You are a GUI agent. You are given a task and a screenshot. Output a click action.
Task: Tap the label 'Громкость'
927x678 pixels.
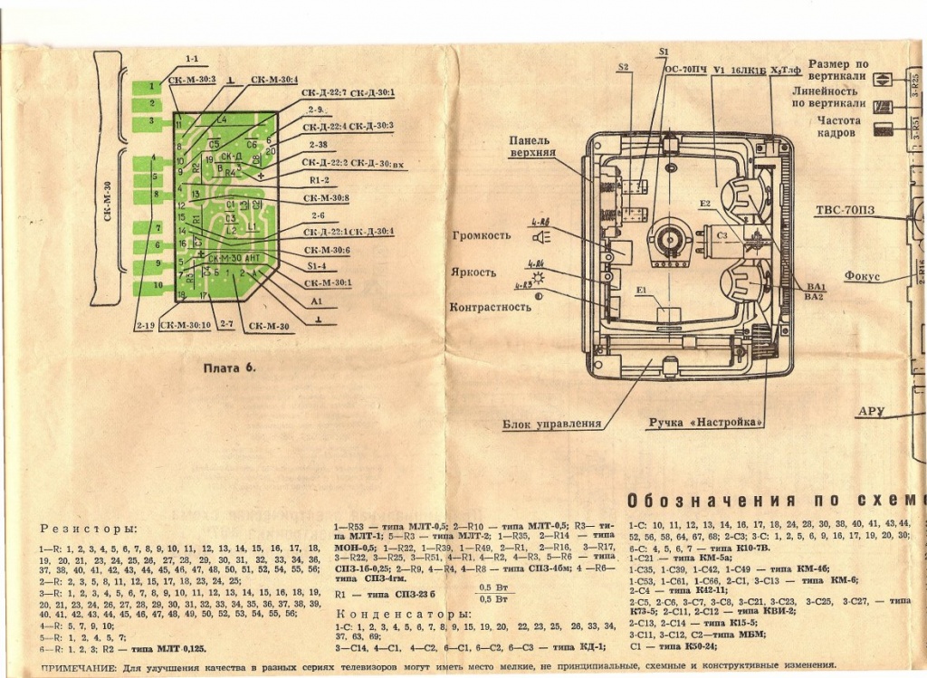[481, 235]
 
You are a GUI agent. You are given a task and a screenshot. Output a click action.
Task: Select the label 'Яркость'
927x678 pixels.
[473, 272]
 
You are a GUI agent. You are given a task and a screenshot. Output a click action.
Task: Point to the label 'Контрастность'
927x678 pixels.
[490, 307]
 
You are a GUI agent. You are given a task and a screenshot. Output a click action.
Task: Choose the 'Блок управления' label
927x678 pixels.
[551, 424]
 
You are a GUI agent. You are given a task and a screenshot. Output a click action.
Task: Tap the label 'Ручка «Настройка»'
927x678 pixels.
[705, 423]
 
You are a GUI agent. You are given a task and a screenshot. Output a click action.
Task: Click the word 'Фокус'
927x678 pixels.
[862, 276]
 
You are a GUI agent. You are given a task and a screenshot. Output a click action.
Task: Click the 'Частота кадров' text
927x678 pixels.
[836, 126]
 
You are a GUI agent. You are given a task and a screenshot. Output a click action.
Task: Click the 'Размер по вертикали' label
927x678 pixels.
[837, 71]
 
